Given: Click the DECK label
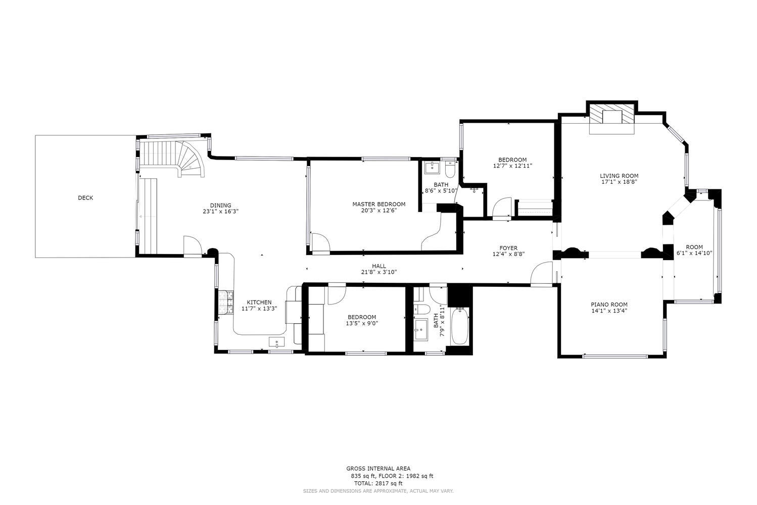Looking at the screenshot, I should (x=85, y=198).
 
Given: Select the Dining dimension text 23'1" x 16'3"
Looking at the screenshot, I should (x=220, y=212).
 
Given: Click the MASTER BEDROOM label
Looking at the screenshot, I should (x=378, y=204).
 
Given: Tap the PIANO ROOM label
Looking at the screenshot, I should (x=609, y=305).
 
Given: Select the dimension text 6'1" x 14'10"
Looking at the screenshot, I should (x=694, y=253).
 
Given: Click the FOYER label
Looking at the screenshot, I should (x=508, y=248).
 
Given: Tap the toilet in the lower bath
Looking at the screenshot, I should (x=422, y=309).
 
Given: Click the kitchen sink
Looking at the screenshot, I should (x=277, y=342).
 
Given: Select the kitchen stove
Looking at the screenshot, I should (x=225, y=304).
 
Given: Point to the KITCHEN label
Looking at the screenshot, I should (x=259, y=302).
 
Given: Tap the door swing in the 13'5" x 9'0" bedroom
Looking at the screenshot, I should (x=336, y=295).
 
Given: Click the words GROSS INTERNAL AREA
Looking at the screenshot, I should (x=378, y=469).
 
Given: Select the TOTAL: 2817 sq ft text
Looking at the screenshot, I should (x=378, y=483).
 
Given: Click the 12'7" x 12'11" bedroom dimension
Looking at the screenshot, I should (x=512, y=166).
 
